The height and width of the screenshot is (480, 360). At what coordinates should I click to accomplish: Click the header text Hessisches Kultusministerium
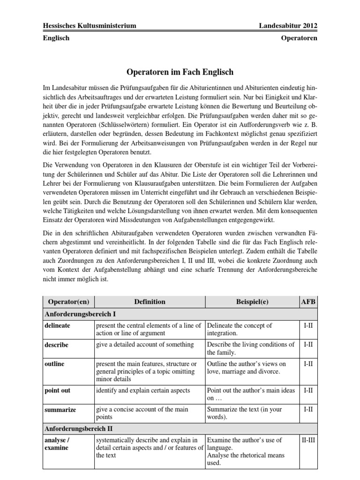[89, 25]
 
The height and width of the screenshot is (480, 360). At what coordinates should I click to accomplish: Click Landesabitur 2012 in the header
[288, 25]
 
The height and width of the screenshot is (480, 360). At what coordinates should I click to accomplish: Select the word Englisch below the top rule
[56, 38]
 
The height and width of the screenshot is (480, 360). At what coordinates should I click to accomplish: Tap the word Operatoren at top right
[299, 38]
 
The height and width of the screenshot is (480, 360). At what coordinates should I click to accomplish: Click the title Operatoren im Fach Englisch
[180, 73]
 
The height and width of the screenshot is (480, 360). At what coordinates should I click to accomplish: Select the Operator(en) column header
[68, 302]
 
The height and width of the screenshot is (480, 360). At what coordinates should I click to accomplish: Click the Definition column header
[150, 302]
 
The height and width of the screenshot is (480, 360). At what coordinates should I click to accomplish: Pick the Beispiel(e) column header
[252, 302]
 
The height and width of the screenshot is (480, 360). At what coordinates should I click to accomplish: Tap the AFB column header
[308, 302]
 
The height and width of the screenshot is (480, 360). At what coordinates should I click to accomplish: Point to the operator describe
[56, 345]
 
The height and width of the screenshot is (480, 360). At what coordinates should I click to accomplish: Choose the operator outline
[54, 364]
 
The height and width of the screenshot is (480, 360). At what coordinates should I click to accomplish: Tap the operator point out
[57, 390]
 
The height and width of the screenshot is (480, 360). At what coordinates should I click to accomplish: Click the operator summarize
[60, 409]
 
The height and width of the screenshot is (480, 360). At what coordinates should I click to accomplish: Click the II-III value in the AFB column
[308, 440]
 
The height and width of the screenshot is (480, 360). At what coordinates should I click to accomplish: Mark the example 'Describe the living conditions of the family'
[251, 348]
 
